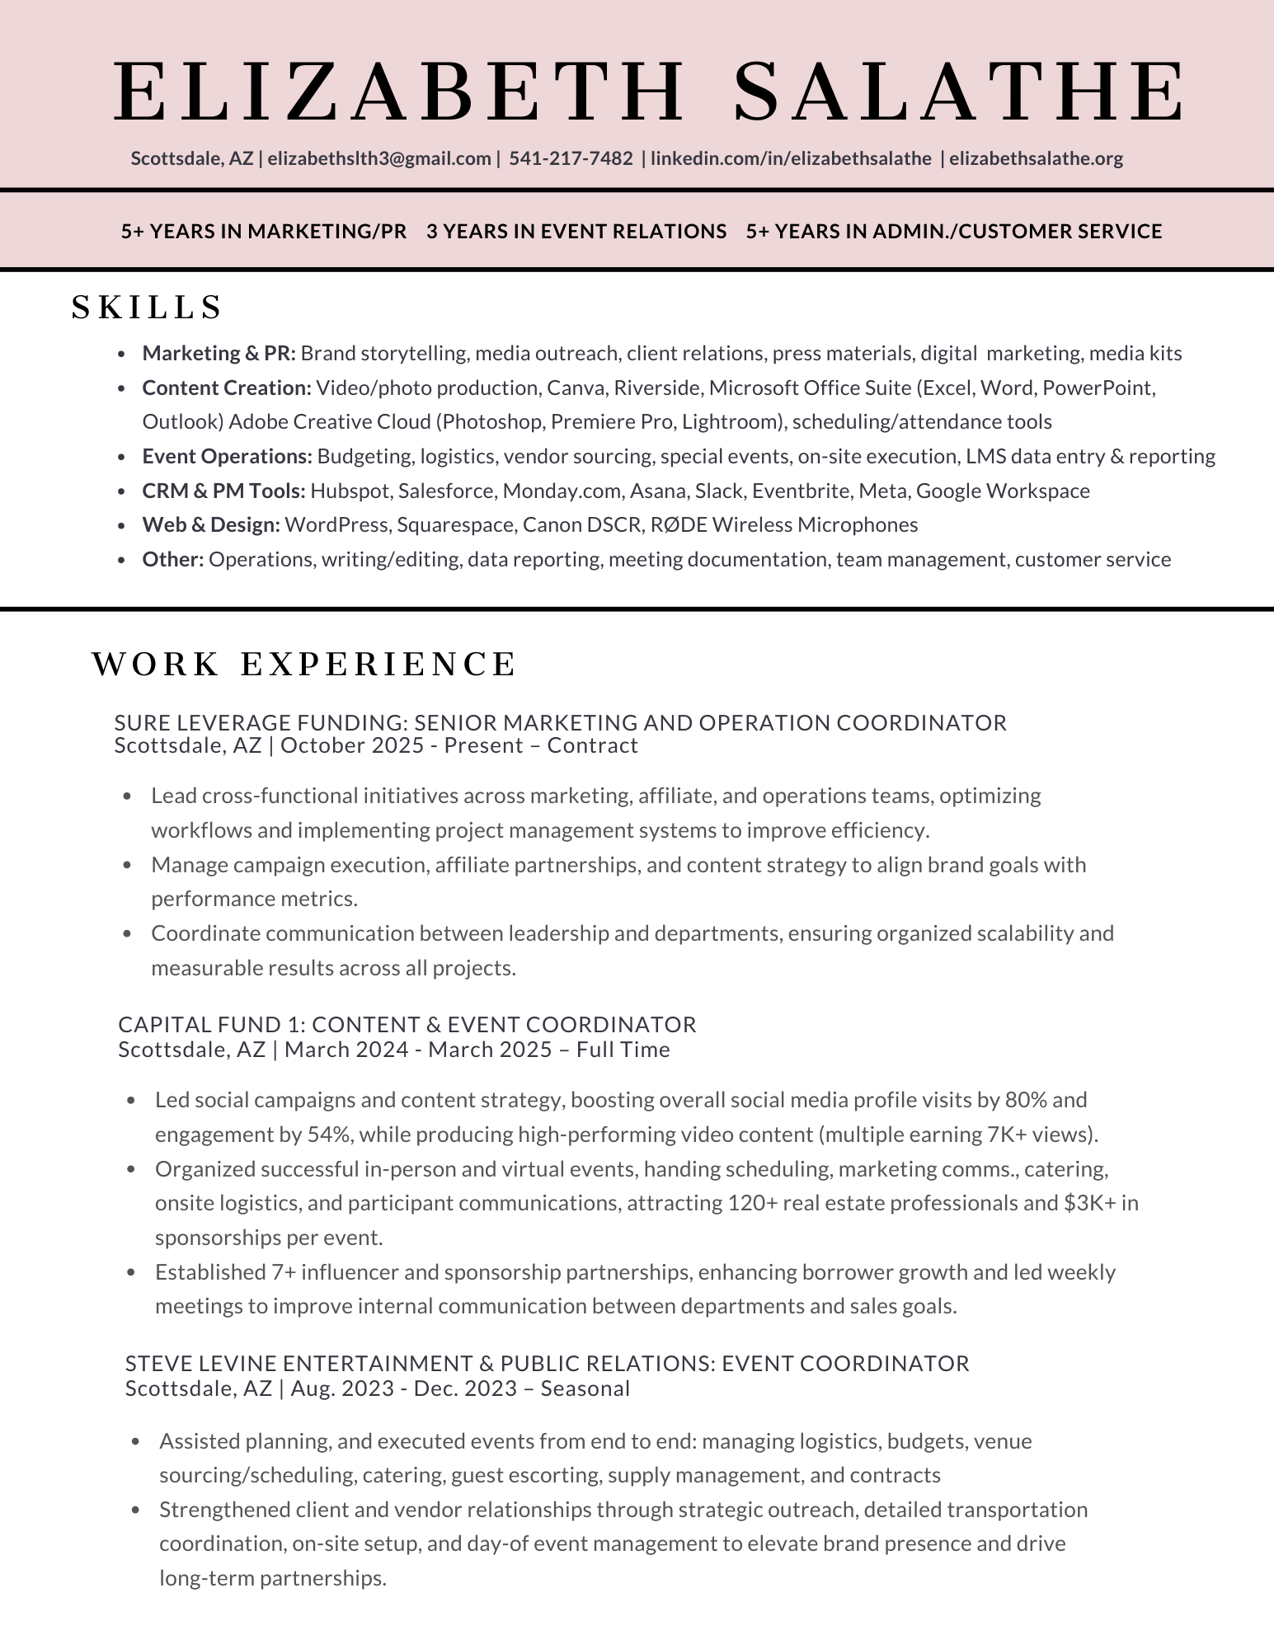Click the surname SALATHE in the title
pyautogui.click(x=959, y=92)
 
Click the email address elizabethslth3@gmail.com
pyautogui.click(x=379, y=158)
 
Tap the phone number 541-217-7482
pyautogui.click(x=571, y=158)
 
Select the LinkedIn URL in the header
pyautogui.click(x=791, y=158)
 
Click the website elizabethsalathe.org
pyautogui.click(x=1036, y=158)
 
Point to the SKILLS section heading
pyautogui.click(x=148, y=308)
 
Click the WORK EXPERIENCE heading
pyautogui.click(x=304, y=665)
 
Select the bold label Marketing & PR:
pyautogui.click(x=219, y=354)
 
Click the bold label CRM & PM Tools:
pyautogui.click(x=223, y=491)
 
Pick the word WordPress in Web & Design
pyautogui.click(x=336, y=525)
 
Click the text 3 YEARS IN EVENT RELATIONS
pyautogui.click(x=576, y=232)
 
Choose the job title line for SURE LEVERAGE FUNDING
pyautogui.click(x=561, y=723)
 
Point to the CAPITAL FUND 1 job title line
pyautogui.click(x=407, y=1025)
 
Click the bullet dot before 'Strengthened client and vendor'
pyautogui.click(x=136, y=1510)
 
